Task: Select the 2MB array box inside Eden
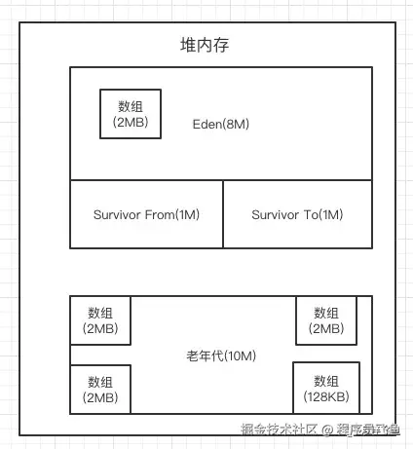pyautogui.click(x=131, y=113)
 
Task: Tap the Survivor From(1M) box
pyautogui.click(x=146, y=214)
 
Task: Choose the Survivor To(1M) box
pyautogui.click(x=297, y=214)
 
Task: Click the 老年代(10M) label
pyautogui.click(x=220, y=355)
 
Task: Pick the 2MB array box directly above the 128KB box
pyautogui.click(x=325, y=321)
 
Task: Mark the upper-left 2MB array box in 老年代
pyautogui.click(x=100, y=321)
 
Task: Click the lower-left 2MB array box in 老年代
pyautogui.click(x=100, y=389)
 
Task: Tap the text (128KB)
pyautogui.click(x=325, y=397)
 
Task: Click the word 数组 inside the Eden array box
pyautogui.click(x=131, y=105)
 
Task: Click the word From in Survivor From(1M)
pyautogui.click(x=159, y=214)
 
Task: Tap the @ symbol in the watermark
pyautogui.click(x=328, y=429)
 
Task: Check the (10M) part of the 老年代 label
pyautogui.click(x=239, y=355)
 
